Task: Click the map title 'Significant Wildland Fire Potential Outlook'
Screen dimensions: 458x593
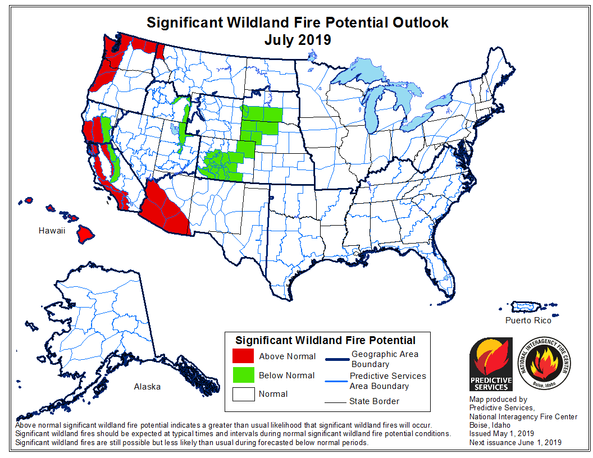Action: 297,22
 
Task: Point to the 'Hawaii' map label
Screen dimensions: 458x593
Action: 52,231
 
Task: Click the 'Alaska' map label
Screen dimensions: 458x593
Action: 147,387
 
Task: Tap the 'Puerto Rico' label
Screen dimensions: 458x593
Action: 528,320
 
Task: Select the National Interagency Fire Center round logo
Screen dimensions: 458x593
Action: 542,363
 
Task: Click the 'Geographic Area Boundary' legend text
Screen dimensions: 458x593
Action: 385,359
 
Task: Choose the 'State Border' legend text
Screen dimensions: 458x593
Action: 374,401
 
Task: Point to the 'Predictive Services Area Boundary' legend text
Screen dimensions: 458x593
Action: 387,381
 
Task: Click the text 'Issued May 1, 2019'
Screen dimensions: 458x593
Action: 502,434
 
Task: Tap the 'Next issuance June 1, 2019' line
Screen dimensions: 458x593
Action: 515,443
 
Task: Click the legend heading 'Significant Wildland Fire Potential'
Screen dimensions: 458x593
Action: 325,340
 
